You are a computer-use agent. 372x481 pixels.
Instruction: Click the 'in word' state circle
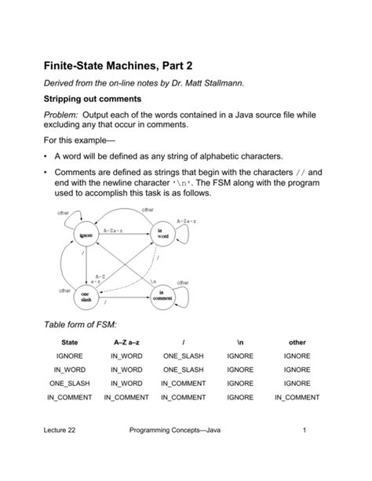[x=162, y=234]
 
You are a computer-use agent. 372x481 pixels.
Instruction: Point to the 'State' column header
[x=69, y=342]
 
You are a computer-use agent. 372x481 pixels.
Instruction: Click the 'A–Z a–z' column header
[x=126, y=342]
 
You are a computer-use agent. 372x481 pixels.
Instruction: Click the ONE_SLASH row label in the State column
[x=69, y=384]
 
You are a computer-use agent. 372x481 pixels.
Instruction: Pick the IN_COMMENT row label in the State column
[x=69, y=398]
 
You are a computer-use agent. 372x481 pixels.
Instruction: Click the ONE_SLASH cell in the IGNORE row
[x=183, y=356]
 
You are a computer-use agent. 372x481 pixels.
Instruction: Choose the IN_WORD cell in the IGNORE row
[x=126, y=356]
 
